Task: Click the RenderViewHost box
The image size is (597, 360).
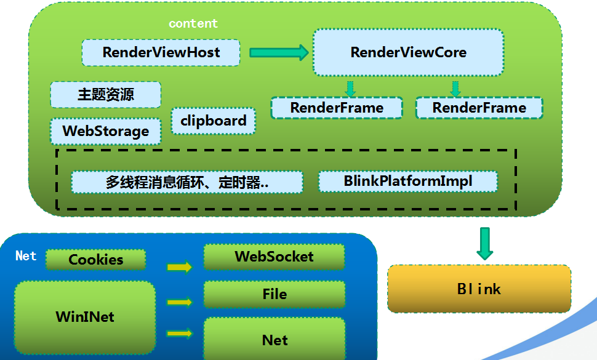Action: tap(161, 53)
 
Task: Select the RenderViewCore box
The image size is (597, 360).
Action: tap(408, 52)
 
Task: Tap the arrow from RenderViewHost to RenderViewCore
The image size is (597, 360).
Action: tap(278, 52)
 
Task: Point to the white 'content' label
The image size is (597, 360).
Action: tap(193, 23)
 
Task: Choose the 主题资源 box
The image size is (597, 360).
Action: tap(105, 95)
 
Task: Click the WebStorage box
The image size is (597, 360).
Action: tap(105, 131)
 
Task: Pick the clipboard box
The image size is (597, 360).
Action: tap(213, 121)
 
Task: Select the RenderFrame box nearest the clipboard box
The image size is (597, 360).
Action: tap(337, 108)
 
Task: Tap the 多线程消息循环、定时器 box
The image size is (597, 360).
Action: tap(186, 182)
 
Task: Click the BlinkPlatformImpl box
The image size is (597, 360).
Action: tap(407, 182)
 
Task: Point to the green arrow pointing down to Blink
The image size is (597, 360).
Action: tap(485, 243)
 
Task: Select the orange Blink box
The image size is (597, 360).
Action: tap(479, 289)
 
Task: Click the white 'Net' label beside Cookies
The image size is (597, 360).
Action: tap(26, 256)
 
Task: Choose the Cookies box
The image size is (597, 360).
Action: tap(95, 260)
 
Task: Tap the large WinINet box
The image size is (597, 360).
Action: tap(85, 318)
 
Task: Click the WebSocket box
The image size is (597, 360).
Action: tap(274, 257)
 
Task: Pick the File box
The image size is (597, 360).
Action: tap(274, 294)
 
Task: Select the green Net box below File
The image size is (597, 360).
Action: tap(274, 339)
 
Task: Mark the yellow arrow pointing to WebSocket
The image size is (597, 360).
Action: tap(179, 267)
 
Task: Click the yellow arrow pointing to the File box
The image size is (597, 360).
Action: tap(179, 302)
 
